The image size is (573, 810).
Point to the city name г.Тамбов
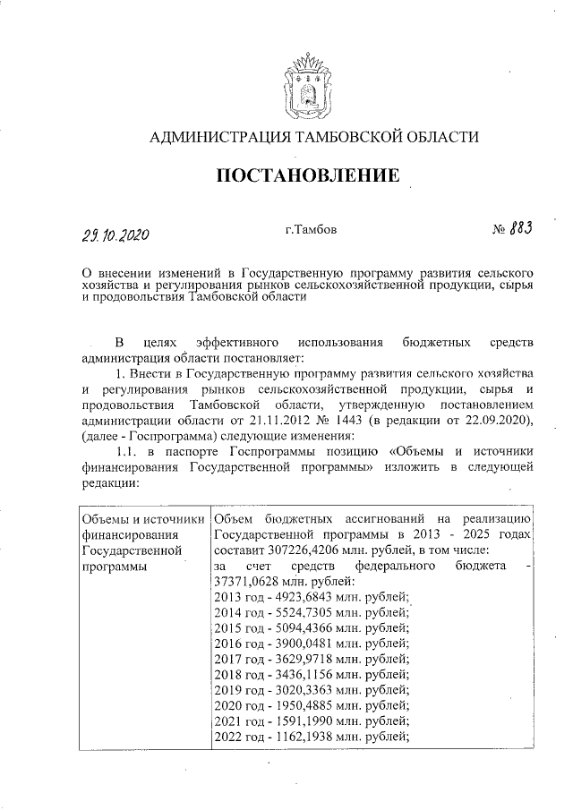click(x=312, y=230)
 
